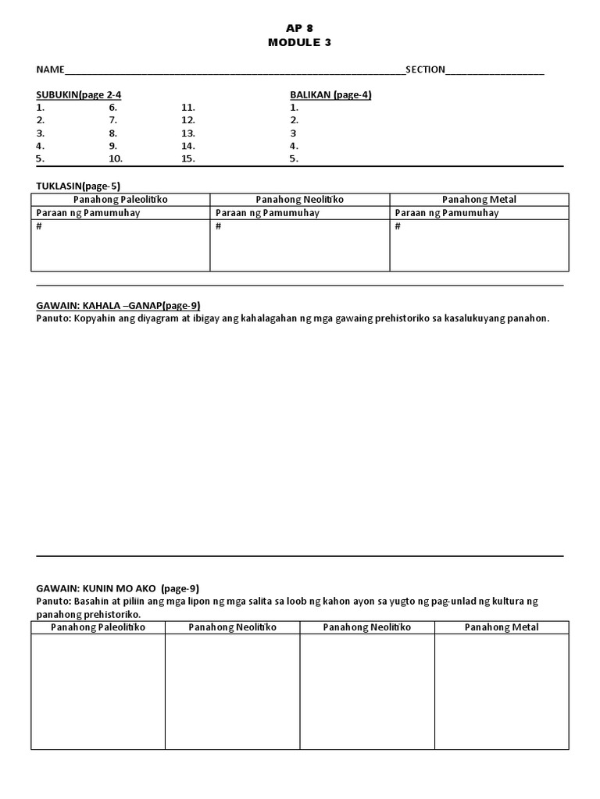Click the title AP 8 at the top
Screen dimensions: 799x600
(x=299, y=28)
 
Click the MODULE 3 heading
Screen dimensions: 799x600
(x=299, y=42)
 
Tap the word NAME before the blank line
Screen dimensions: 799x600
(x=49, y=69)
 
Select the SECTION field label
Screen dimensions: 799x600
(x=425, y=69)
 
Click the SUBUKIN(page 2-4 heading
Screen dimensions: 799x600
(x=78, y=94)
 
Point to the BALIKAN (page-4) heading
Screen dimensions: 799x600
(x=330, y=94)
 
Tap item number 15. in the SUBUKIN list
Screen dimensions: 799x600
(x=187, y=158)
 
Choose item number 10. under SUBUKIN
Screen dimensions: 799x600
(x=116, y=158)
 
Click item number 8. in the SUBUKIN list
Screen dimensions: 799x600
(x=112, y=133)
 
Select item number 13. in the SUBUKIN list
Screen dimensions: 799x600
(x=187, y=133)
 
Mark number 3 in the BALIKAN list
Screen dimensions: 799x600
(x=293, y=133)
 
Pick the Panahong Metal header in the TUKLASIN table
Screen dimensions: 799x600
(x=479, y=200)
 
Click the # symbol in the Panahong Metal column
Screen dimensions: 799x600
(x=398, y=226)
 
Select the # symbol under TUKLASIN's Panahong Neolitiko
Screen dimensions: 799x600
(x=218, y=226)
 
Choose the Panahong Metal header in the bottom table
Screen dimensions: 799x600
(x=501, y=627)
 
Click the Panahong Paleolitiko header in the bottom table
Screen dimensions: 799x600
(x=98, y=627)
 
